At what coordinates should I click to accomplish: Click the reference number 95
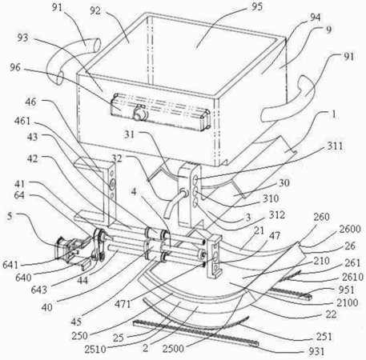pyautogui.click(x=257, y=7)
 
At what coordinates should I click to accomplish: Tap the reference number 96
pyautogui.click(x=15, y=67)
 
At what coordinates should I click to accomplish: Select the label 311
pyautogui.click(x=335, y=146)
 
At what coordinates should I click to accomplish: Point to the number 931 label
pyautogui.click(x=316, y=351)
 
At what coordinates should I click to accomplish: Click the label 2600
pyautogui.click(x=350, y=229)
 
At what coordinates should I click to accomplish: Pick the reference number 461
pyautogui.click(x=22, y=121)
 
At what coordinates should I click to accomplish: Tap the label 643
pyautogui.click(x=39, y=290)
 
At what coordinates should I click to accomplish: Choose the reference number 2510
pyautogui.click(x=95, y=349)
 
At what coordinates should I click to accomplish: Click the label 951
pyautogui.click(x=346, y=290)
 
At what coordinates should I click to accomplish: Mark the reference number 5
pyautogui.click(x=10, y=216)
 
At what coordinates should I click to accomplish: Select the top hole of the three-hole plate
pyautogui.click(x=195, y=179)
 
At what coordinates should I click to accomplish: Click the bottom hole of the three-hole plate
pyautogui.click(x=195, y=203)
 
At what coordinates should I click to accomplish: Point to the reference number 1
pyautogui.click(x=333, y=114)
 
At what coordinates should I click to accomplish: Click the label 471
pyautogui.click(x=123, y=304)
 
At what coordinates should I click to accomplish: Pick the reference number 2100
pyautogui.click(x=347, y=302)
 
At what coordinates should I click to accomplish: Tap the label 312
pyautogui.click(x=277, y=214)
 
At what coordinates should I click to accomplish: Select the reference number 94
pyautogui.click(x=315, y=18)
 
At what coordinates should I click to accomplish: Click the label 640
pyautogui.click(x=23, y=278)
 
